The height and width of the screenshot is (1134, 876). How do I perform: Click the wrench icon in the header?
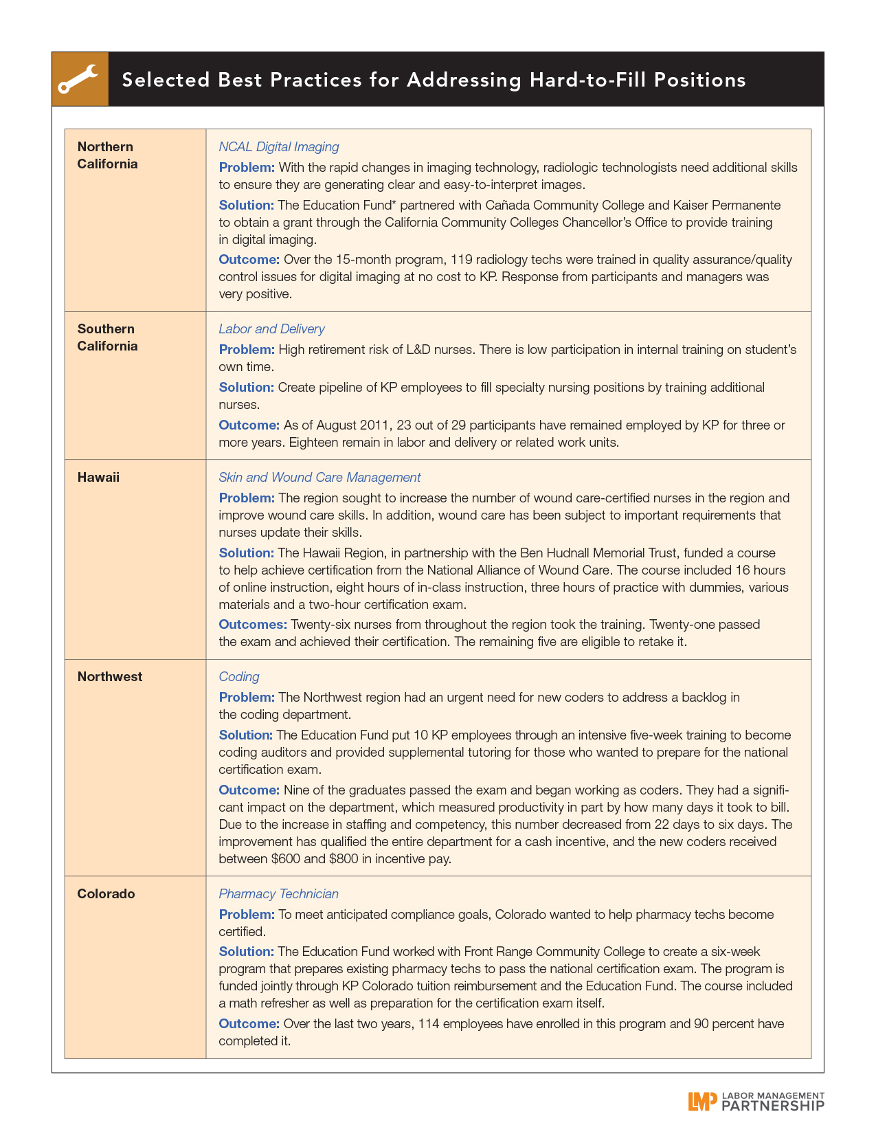point(79,79)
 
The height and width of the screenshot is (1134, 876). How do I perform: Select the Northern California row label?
point(107,155)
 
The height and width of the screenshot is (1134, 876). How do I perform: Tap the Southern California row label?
point(107,337)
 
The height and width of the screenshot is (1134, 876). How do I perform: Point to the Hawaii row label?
point(98,478)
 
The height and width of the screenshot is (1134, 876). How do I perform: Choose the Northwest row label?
point(110,677)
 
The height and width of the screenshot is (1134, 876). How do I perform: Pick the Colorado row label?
point(106,894)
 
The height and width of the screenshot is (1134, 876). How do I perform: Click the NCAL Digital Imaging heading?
point(278,147)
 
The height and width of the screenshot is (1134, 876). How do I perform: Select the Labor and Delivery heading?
point(271,329)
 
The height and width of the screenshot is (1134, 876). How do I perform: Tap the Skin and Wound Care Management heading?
point(319,478)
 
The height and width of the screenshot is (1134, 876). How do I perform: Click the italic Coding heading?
point(239,677)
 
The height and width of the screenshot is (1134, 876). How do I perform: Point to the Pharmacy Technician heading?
point(278,894)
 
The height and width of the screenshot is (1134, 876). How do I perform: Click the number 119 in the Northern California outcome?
point(461,260)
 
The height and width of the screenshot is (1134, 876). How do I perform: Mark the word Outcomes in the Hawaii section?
point(252,625)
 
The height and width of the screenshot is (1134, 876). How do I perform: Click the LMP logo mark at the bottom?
point(702,1101)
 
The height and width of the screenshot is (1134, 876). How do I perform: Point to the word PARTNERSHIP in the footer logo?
point(773,1105)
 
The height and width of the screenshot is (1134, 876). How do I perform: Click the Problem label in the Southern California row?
point(247,350)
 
